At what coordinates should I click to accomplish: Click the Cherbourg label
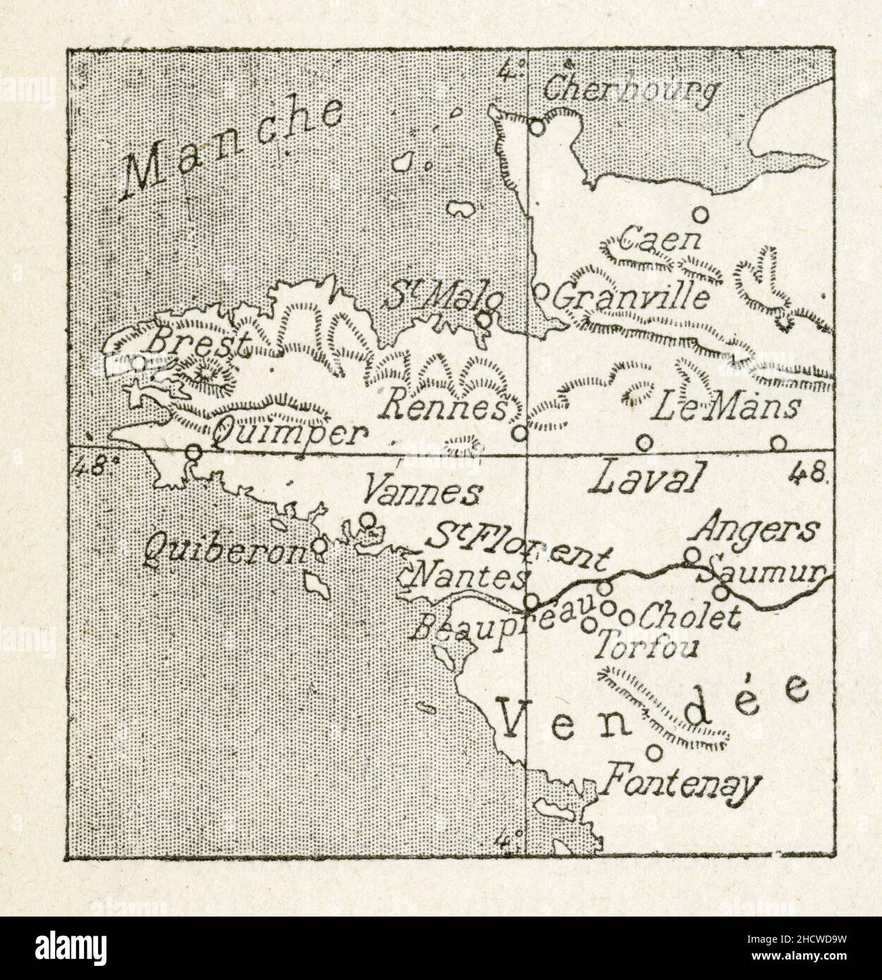tap(632, 91)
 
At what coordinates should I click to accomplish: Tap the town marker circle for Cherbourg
tap(537, 127)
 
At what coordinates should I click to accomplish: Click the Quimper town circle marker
tap(194, 450)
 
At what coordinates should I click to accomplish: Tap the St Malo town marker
tap(484, 319)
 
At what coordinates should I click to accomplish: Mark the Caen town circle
tap(700, 214)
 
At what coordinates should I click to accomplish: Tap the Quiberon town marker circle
tap(319, 545)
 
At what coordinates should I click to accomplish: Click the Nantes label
tap(468, 579)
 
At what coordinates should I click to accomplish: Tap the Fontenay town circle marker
tap(655, 753)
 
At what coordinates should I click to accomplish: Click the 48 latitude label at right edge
tap(808, 472)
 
